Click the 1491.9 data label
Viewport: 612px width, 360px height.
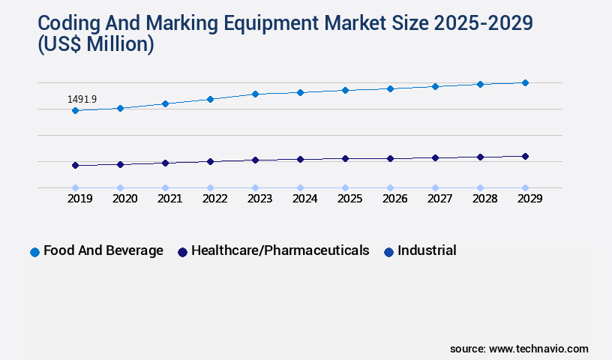tap(82, 99)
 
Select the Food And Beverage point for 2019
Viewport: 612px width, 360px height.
tap(75, 110)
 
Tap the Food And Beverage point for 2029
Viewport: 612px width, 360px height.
tap(525, 82)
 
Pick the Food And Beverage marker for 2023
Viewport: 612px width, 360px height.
tap(255, 94)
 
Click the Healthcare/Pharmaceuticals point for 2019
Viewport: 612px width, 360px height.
tap(75, 165)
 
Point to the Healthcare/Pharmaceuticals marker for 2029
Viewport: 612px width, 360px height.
tap(525, 156)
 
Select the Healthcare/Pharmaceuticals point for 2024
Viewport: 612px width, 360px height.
tap(300, 159)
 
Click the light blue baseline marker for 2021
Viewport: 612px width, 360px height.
tap(165, 187)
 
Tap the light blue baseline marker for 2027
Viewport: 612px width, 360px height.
tap(435, 187)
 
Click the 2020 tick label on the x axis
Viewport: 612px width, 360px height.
tap(124, 199)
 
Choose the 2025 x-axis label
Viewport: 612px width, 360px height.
tap(349, 199)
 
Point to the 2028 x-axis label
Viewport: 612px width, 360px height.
tap(484, 199)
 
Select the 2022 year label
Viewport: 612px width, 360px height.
tap(214, 199)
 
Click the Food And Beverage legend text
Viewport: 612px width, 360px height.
tap(103, 250)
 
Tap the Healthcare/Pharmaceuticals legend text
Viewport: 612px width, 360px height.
tap(280, 250)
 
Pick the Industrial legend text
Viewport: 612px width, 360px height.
tap(427, 250)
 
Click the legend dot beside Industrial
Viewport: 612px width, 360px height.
tap(388, 252)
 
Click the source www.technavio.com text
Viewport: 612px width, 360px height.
tap(519, 349)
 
